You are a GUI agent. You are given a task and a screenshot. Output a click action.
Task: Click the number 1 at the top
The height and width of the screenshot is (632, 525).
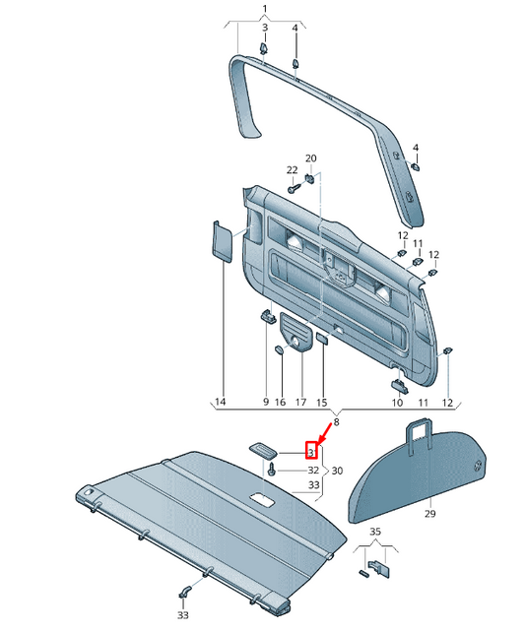coord(264,9)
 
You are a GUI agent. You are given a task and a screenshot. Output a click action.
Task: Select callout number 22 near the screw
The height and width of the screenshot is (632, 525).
coord(292,169)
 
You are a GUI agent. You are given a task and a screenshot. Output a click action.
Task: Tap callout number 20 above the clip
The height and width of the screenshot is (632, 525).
coord(310,158)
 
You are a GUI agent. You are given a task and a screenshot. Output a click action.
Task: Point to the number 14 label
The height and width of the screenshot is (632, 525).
coord(220,403)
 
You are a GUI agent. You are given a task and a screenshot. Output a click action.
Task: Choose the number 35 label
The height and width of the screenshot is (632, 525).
coord(374,532)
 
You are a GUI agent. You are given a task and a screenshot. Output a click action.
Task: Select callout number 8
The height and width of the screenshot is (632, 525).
coord(335,421)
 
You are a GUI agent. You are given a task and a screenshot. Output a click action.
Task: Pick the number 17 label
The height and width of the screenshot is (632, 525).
coord(300,403)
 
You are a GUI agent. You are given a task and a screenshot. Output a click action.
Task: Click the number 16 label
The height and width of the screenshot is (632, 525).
coord(280,403)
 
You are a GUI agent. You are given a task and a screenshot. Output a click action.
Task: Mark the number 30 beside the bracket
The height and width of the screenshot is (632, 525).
coord(337,471)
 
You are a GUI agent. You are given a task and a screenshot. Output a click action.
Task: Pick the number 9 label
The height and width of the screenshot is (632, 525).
coord(265,403)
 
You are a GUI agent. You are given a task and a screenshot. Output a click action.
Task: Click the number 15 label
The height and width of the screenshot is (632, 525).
coord(321,403)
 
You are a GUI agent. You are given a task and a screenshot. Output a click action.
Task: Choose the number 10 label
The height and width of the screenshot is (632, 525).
coord(397,403)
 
